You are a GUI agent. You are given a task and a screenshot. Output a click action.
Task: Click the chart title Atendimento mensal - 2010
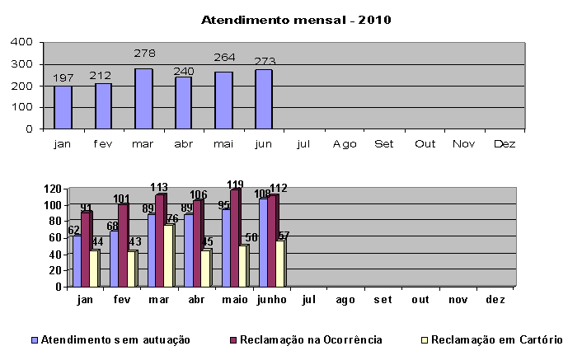284,20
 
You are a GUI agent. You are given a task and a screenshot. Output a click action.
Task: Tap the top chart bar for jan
63,108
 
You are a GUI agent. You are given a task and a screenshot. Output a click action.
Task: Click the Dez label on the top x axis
504,143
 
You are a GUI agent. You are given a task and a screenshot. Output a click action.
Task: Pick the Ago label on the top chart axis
345,143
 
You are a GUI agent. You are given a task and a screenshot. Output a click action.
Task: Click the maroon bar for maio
233,238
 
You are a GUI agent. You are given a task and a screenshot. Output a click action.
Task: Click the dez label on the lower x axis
495,300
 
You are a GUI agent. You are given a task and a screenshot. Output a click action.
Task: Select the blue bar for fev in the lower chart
114,259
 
